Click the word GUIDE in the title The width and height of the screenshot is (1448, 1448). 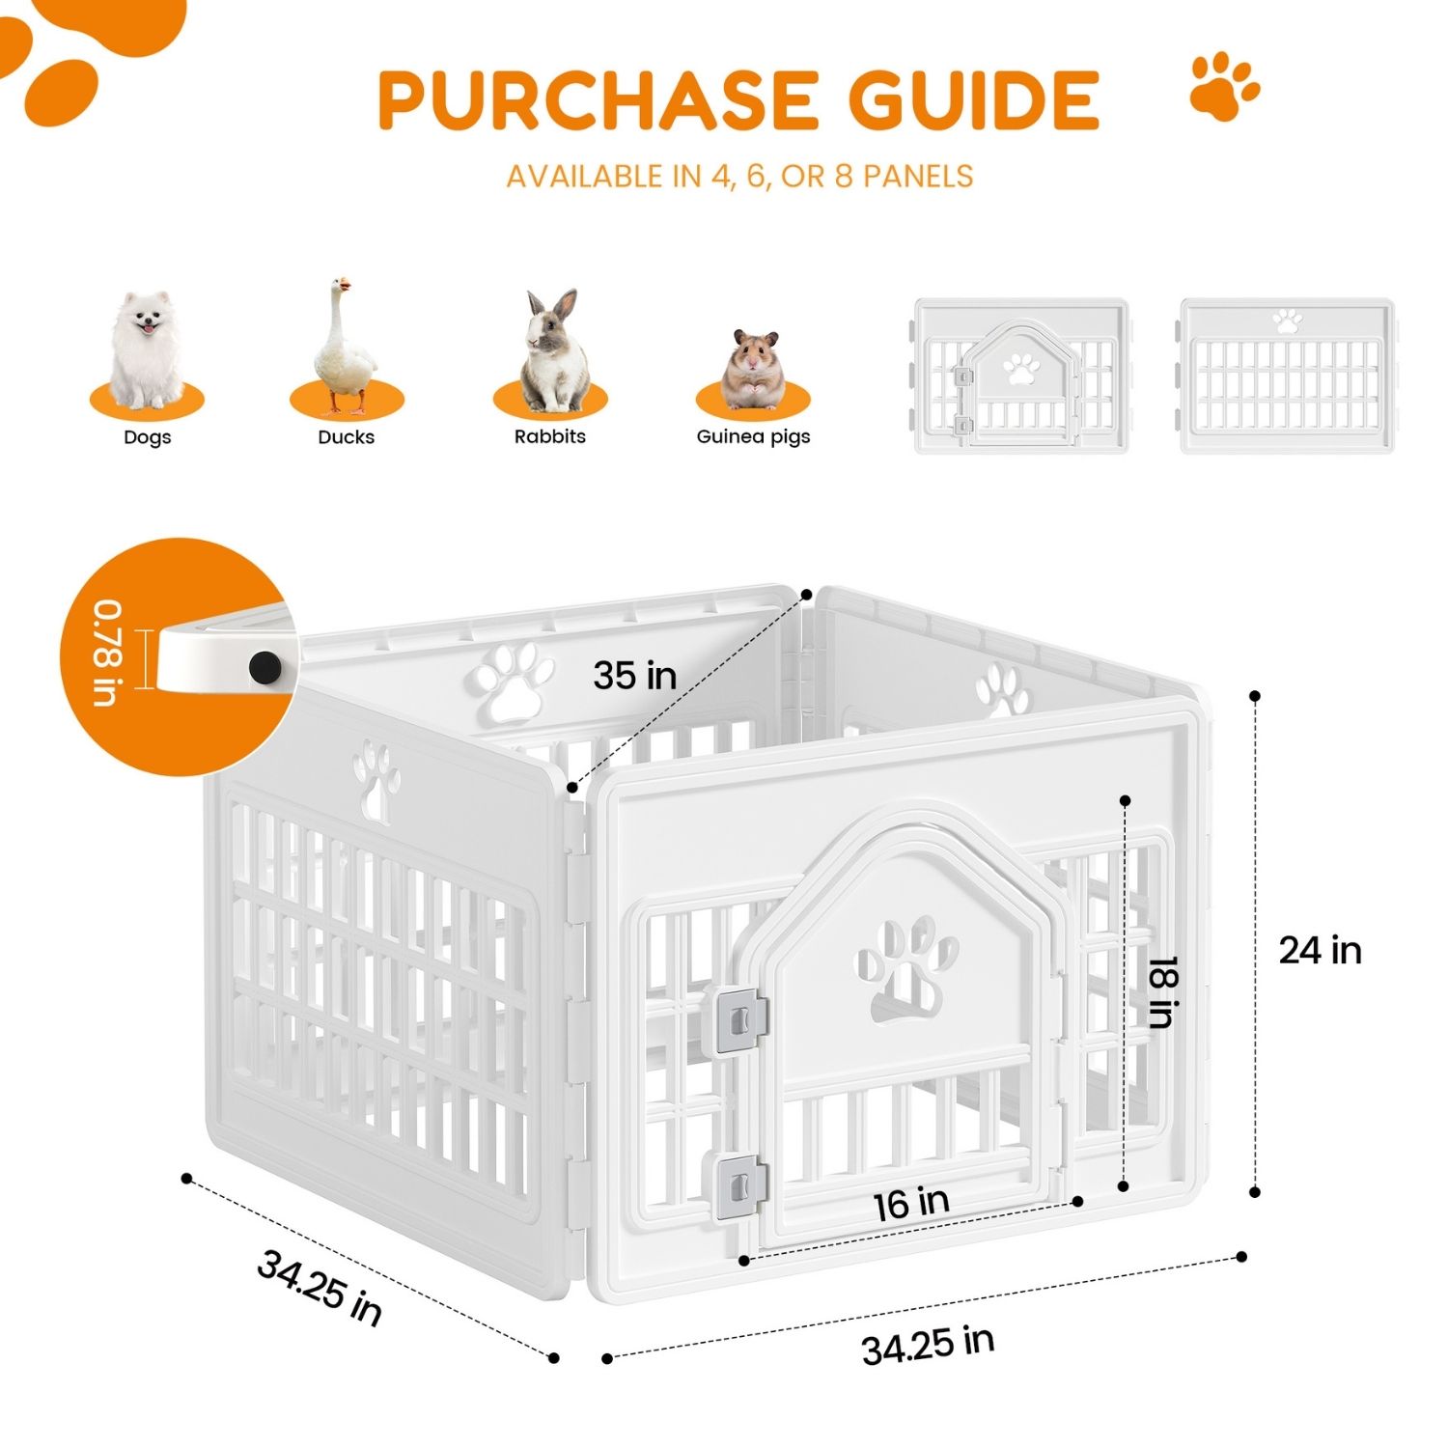[x=974, y=99]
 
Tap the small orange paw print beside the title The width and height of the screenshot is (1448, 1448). [x=1224, y=86]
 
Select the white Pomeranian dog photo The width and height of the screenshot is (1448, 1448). [x=147, y=350]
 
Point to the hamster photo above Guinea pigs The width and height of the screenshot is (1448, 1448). [x=753, y=369]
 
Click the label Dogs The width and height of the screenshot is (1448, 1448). [x=147, y=437]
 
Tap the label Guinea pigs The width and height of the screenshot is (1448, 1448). [x=753, y=437]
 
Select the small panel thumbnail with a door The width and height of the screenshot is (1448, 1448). [x=1020, y=376]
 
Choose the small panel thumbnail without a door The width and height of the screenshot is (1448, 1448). [x=1287, y=376]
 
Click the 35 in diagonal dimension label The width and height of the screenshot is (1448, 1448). [x=635, y=676]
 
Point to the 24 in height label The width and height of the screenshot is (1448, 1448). [x=1320, y=951]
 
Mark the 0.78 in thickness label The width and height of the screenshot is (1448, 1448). [x=108, y=654]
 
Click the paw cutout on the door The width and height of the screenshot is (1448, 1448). [x=907, y=968]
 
